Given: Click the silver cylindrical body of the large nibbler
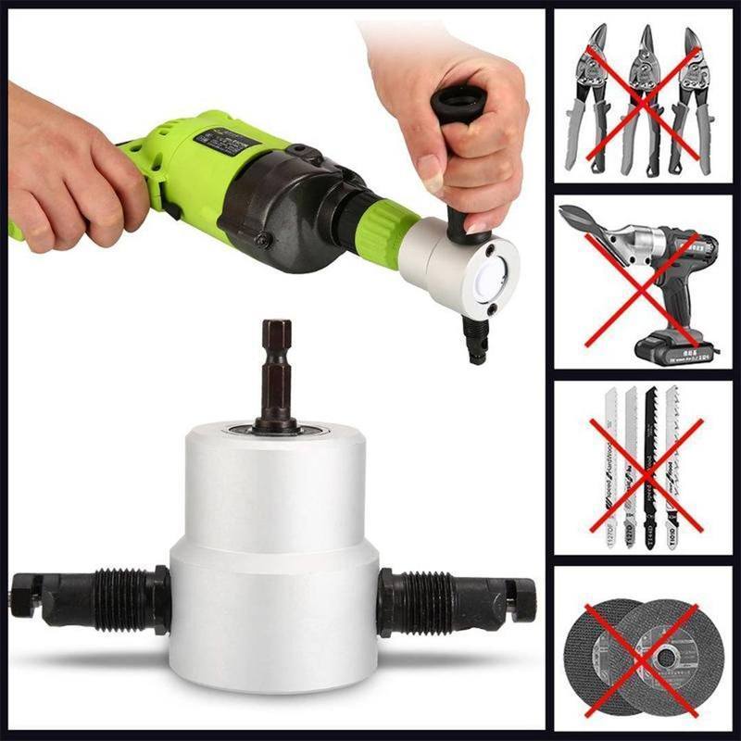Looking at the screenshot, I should coord(274,556).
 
